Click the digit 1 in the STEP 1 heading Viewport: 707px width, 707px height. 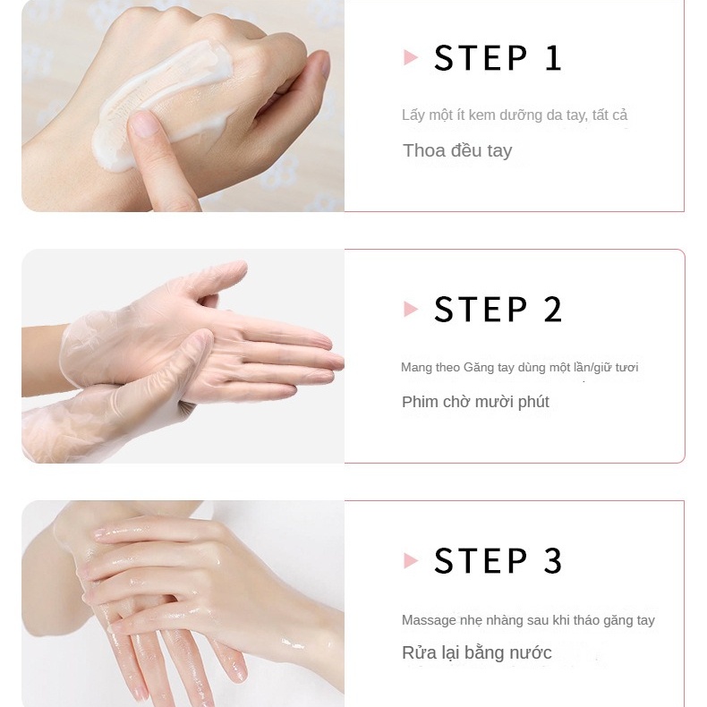553,57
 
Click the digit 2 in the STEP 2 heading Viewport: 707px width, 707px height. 553,310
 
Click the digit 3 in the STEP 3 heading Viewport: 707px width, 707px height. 553,560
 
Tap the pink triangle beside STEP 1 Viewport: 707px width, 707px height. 410,57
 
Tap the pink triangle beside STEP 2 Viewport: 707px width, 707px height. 410,310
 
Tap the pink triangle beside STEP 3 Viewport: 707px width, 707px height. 410,560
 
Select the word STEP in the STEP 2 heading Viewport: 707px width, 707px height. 481,310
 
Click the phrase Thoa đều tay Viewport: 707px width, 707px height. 457,150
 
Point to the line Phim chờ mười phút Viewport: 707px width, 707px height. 475,402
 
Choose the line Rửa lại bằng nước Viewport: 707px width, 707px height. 477,652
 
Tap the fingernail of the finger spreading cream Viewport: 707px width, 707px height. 143,123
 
